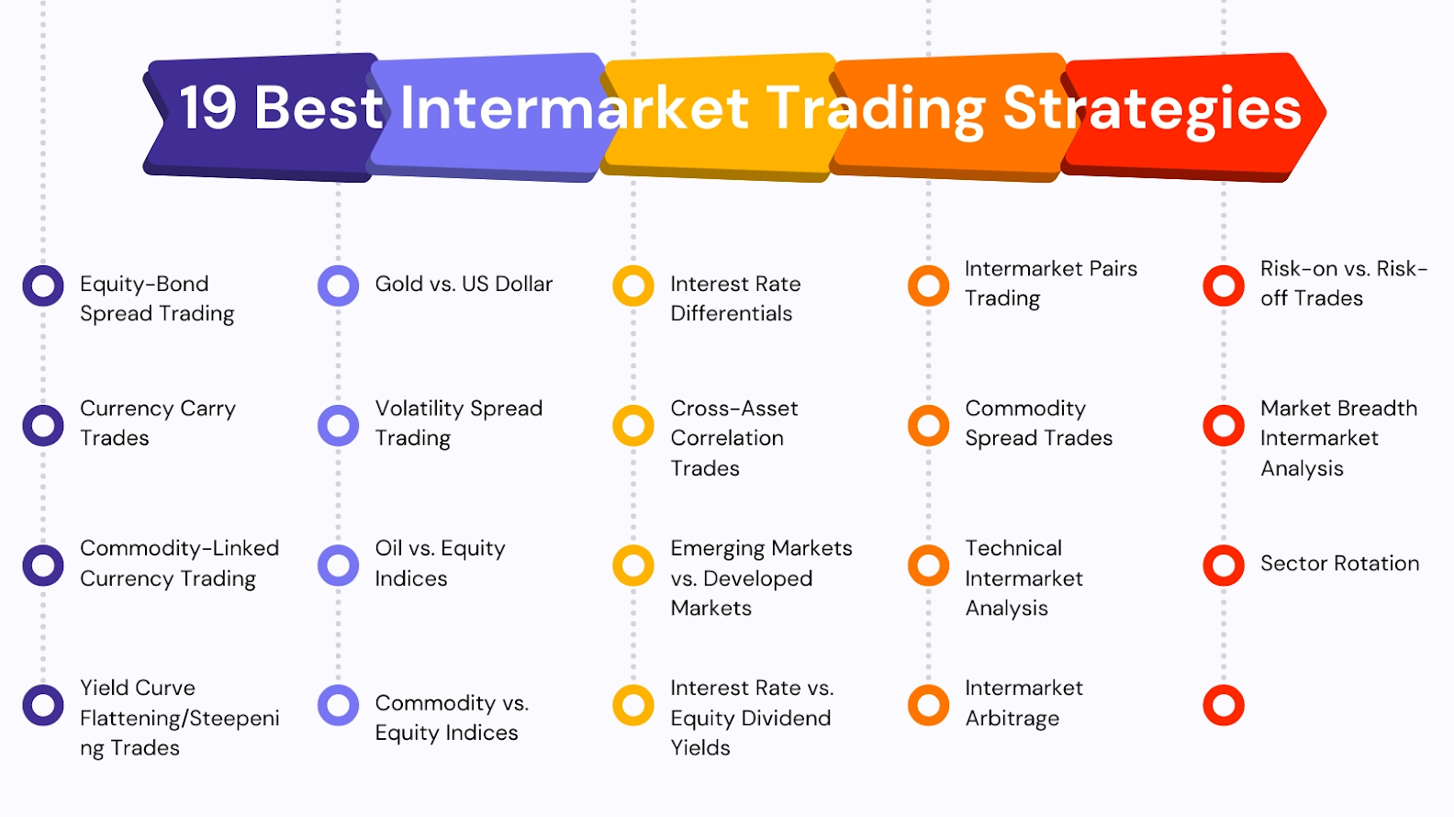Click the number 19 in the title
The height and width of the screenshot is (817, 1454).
tap(207, 107)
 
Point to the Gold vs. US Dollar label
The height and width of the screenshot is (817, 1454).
tap(464, 285)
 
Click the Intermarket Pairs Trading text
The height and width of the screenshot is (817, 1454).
tap(1051, 284)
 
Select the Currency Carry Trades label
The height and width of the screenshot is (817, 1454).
tap(158, 423)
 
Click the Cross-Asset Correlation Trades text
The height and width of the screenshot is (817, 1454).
tap(734, 438)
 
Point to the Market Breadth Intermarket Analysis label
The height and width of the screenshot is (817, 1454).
tap(1338, 438)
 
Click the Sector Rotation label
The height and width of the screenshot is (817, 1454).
tap(1340, 564)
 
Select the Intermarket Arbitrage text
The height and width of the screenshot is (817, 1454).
tap(1023, 703)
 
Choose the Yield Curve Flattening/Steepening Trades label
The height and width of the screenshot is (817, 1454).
tap(179, 718)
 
